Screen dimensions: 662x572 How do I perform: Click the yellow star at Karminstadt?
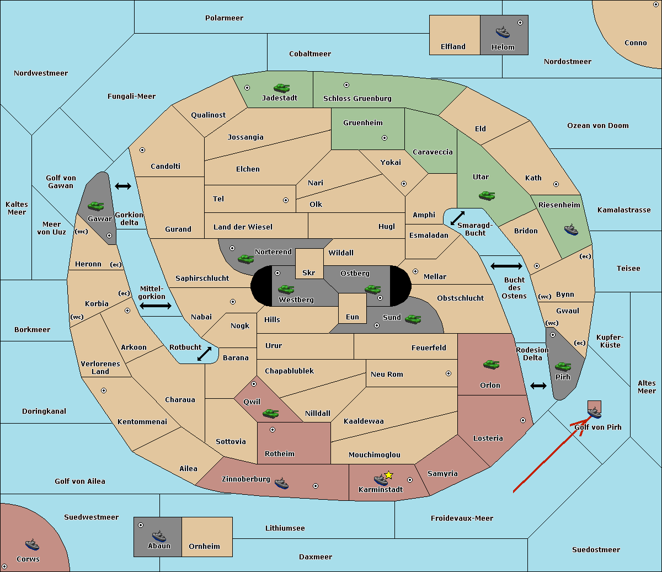coord(388,475)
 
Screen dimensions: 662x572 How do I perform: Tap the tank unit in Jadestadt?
coord(282,88)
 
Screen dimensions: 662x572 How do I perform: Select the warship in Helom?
coord(503,32)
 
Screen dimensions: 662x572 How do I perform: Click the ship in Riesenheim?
coord(571,229)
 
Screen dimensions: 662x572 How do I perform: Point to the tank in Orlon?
coord(492,365)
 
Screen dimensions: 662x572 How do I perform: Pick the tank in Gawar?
coord(96,206)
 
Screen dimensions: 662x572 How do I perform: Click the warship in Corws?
coord(32,544)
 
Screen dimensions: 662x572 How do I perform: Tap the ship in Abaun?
coord(159,536)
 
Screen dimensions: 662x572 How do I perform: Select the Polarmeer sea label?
coord(224,18)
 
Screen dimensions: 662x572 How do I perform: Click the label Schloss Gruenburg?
coord(357,98)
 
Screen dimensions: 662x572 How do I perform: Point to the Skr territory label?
coord(309,272)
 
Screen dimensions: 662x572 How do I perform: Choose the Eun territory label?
coord(353,317)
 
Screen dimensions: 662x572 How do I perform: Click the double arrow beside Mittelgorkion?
coord(156,306)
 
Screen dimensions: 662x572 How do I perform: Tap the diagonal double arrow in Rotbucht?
coord(204,354)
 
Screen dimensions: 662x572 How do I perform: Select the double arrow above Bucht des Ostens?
coord(506,266)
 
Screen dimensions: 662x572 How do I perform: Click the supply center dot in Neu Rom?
coord(449,373)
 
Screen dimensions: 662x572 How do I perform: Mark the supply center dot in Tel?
coord(286,200)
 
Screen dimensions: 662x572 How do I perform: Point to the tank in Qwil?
coord(271,414)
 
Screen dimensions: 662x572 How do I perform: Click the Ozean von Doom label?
coord(598,126)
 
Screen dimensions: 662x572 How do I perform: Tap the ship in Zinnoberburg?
coord(281,483)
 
